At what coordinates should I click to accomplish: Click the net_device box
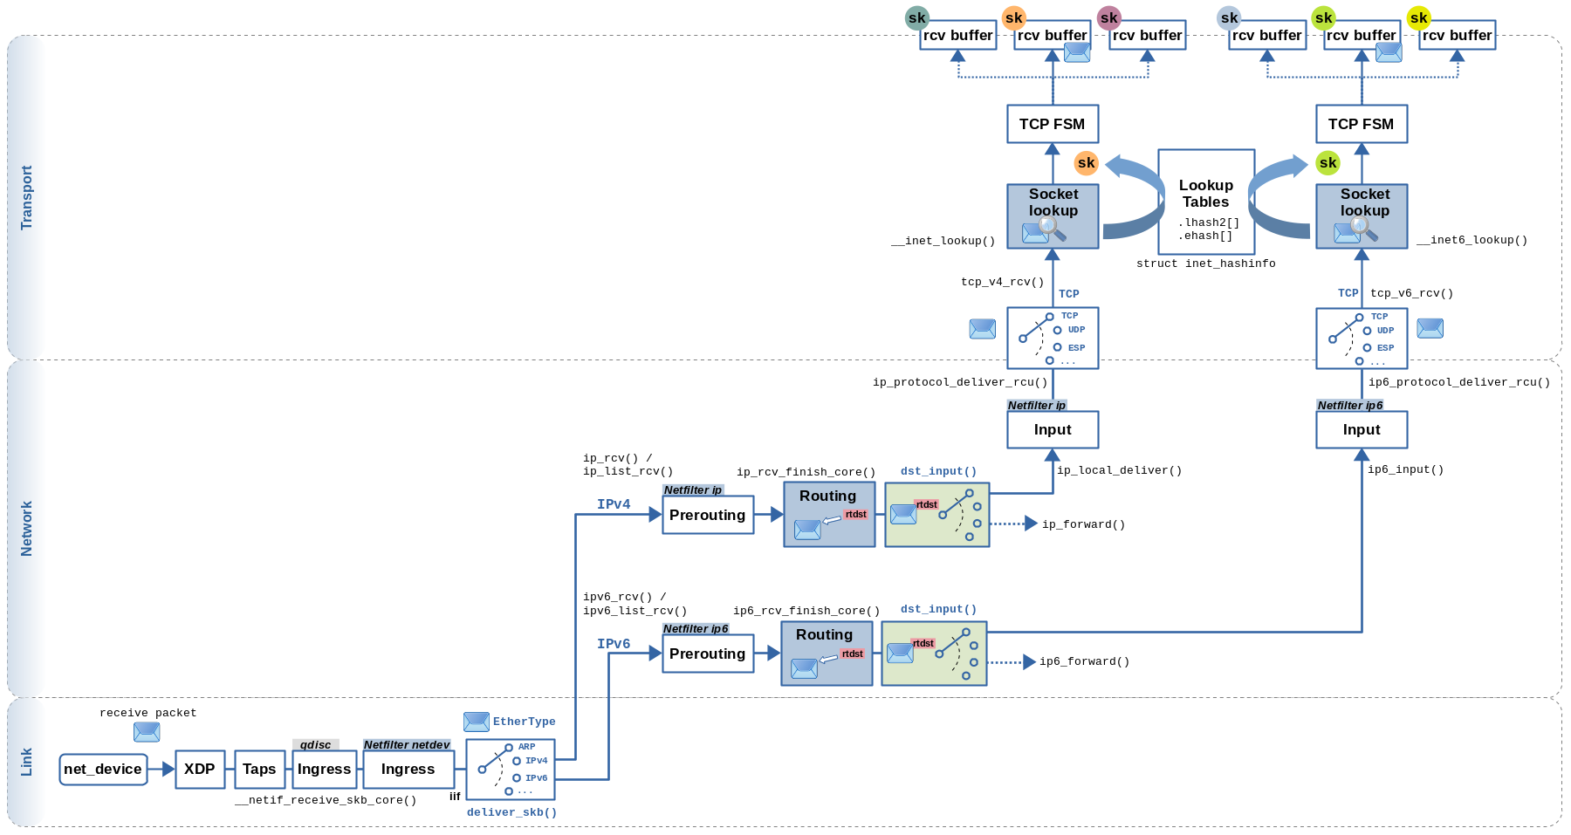click(103, 770)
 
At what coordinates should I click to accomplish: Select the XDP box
click(200, 770)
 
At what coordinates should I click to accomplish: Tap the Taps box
click(259, 770)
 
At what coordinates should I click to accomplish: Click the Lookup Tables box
click(1206, 202)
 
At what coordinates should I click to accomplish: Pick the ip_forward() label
click(1083, 524)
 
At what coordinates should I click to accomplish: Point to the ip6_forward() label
click(1084, 661)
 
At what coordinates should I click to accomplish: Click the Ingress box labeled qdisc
click(324, 770)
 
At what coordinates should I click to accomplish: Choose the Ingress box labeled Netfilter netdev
click(408, 770)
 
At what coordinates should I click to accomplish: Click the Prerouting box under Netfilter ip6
click(707, 654)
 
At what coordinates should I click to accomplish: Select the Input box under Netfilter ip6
click(1362, 430)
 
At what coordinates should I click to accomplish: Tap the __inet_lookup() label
click(943, 241)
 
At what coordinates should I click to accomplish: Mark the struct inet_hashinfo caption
click(1205, 264)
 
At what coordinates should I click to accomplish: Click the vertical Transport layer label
click(26, 198)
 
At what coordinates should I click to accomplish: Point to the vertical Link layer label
click(26, 762)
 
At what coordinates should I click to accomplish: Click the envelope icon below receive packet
click(147, 732)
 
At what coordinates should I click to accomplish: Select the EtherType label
click(524, 722)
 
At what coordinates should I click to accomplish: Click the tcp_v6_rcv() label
click(1411, 293)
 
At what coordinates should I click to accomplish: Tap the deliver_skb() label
click(511, 812)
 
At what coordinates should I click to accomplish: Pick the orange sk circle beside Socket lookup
click(1086, 162)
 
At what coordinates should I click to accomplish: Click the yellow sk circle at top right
click(1418, 17)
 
